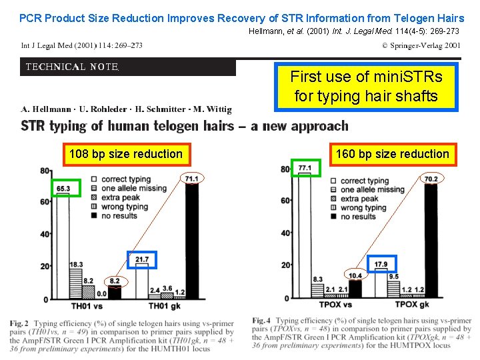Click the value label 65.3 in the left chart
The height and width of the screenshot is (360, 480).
(63, 189)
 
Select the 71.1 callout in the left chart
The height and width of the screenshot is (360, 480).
(191, 179)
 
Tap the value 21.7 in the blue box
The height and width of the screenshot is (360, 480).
(141, 259)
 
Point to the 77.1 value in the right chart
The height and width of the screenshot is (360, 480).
(305, 167)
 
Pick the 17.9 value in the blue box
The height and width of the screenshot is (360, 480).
(381, 265)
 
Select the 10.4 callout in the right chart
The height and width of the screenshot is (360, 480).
(355, 275)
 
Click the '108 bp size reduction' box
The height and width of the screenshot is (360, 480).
(125, 154)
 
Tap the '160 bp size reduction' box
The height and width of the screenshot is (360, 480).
(392, 154)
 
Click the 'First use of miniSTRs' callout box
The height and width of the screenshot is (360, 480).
(366, 86)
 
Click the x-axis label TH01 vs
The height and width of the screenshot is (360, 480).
(87, 306)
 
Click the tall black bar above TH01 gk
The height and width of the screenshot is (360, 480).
(191, 240)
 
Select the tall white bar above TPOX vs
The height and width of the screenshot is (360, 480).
(305, 233)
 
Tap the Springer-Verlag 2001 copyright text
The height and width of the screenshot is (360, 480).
(421, 46)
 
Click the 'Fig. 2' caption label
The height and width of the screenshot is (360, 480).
(19, 323)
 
